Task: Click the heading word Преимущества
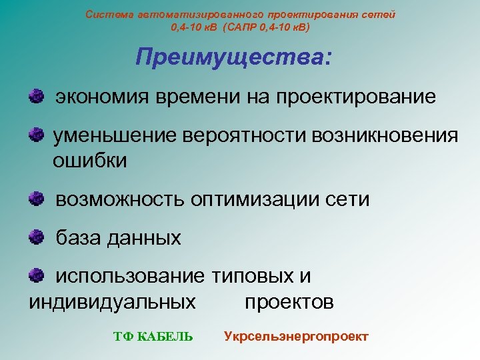click(x=231, y=57)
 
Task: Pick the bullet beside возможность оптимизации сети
click(x=37, y=198)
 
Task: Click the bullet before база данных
click(x=37, y=236)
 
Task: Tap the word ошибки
click(x=89, y=161)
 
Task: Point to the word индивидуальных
click(x=113, y=302)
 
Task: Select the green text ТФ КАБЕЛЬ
click(x=153, y=337)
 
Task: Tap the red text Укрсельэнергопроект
click(x=295, y=336)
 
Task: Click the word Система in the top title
click(x=107, y=14)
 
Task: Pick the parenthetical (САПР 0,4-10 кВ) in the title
click(x=267, y=28)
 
